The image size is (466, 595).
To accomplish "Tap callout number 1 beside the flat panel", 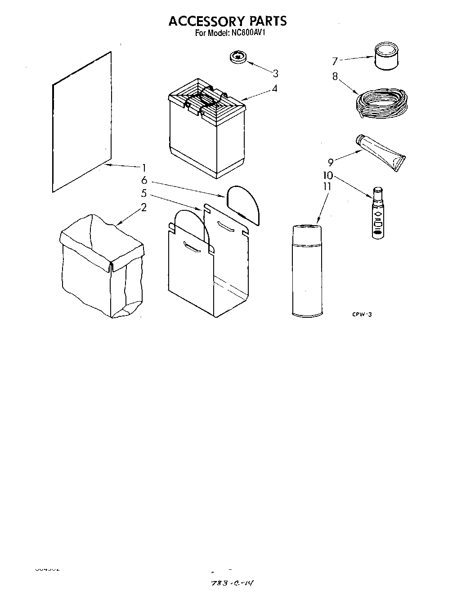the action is (x=144, y=168).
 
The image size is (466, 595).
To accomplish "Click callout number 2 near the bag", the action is (x=143, y=208).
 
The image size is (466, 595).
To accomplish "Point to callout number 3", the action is (x=275, y=73).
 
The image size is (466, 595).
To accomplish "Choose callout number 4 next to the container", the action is (x=274, y=89).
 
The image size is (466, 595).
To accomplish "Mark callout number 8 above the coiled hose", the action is (x=335, y=76).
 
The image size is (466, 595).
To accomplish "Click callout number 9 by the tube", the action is (x=331, y=162).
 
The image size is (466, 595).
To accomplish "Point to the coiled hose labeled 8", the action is (x=382, y=104).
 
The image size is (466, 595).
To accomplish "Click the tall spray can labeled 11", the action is (x=307, y=271).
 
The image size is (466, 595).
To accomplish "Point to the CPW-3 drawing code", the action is (x=362, y=315).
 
